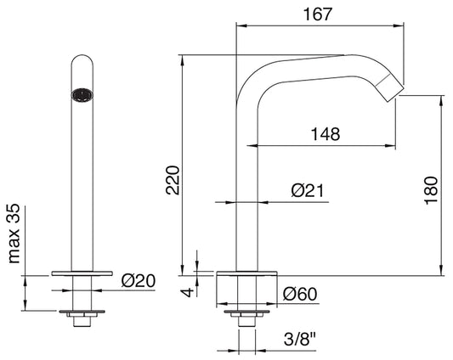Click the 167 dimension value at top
tap(320, 13)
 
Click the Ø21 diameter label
tap(309, 191)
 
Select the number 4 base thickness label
tap(189, 291)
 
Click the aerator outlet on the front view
tap(82, 95)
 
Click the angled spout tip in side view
tap(391, 86)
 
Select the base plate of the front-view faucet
tap(82, 273)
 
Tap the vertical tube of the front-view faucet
tap(82, 187)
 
